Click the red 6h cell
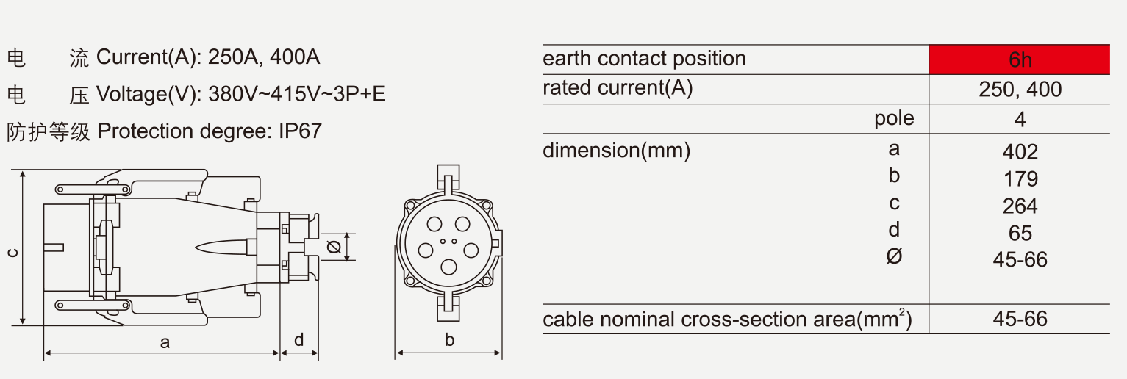click(1019, 59)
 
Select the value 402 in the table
click(1020, 152)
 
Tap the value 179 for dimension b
click(1020, 179)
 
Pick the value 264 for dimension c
click(1020, 206)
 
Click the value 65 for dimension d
click(1020, 234)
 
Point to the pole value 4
click(1020, 120)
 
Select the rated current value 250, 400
click(1020, 90)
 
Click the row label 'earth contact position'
click(644, 59)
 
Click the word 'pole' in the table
click(894, 119)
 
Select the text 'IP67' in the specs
click(300, 131)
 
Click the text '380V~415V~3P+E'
click(297, 94)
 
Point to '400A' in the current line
click(295, 57)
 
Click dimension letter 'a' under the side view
click(165, 343)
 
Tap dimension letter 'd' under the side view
click(299, 340)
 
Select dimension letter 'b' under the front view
click(449, 340)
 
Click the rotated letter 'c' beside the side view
click(12, 253)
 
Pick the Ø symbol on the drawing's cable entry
click(334, 247)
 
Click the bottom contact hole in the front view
click(448, 267)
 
